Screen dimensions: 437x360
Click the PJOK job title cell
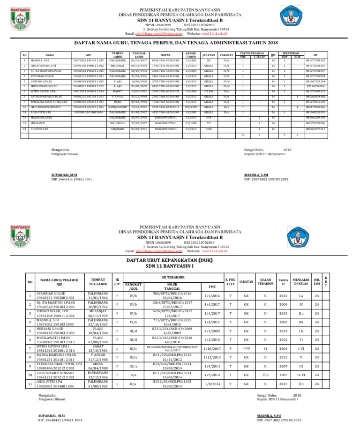pyautogui.click(x=209, y=128)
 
